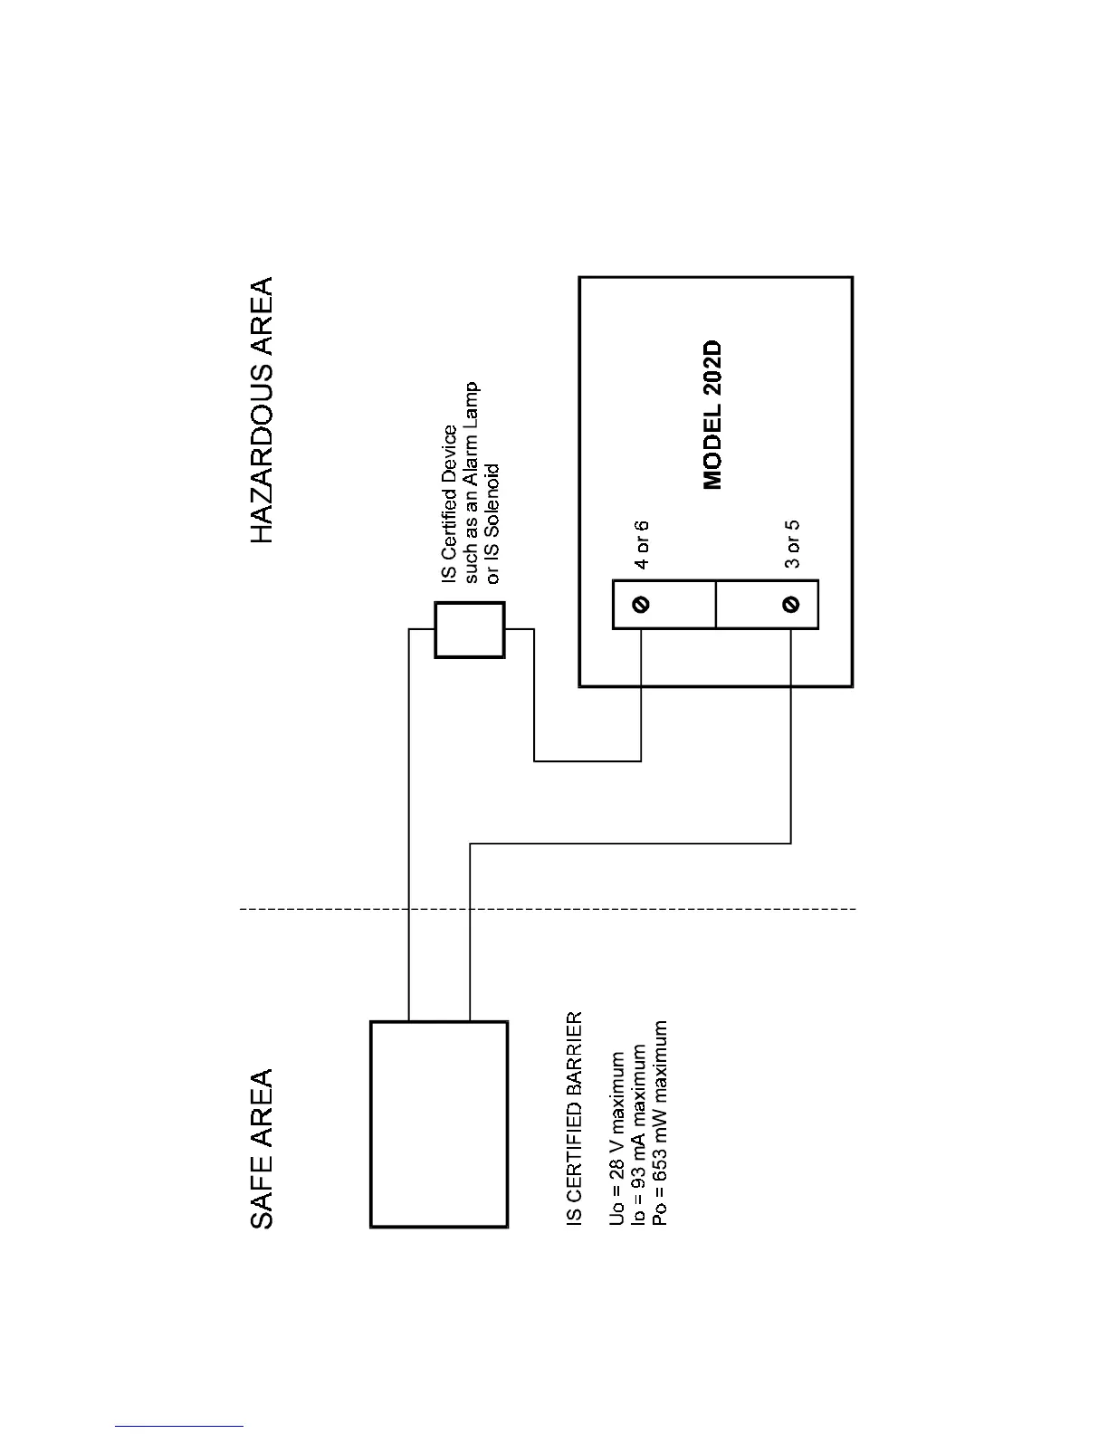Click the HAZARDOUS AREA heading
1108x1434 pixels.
tap(261, 410)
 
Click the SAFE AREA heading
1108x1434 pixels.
tap(261, 1149)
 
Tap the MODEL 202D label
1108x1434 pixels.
tap(713, 416)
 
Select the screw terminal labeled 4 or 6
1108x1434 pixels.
tap(641, 604)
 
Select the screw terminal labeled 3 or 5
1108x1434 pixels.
tap(791, 604)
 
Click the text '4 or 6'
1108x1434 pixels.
tap(641, 544)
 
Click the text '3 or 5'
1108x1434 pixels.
tap(791, 544)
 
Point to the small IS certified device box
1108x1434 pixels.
tap(469, 630)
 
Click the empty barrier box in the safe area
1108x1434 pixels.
tap(439, 1123)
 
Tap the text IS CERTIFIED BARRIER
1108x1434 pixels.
tap(575, 1120)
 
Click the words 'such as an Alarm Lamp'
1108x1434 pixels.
tap(471, 482)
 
